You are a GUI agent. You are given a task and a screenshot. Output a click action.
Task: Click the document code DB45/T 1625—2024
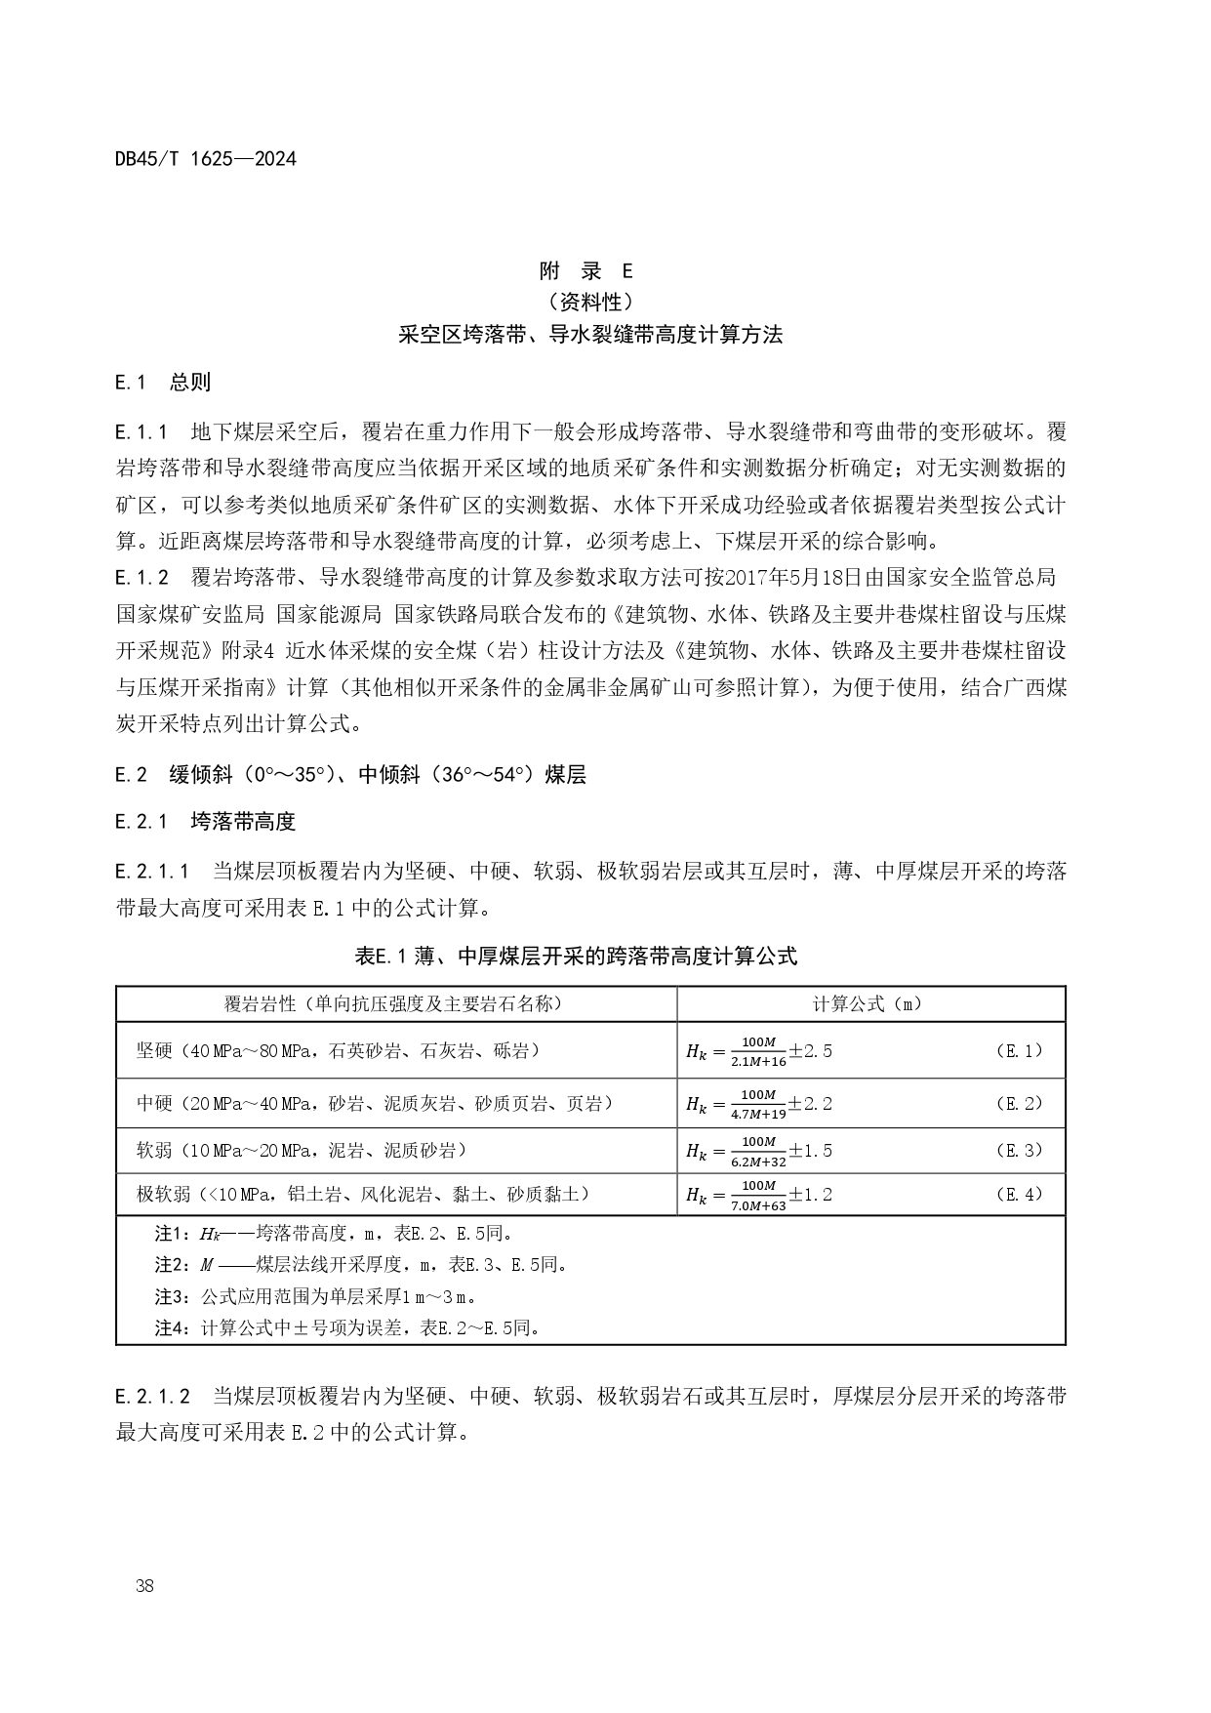click(205, 158)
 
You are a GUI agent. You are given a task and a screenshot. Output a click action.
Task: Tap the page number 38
click(145, 1585)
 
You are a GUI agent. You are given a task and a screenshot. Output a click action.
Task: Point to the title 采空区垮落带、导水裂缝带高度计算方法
click(590, 334)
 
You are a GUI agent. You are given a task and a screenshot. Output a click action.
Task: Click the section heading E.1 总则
click(162, 382)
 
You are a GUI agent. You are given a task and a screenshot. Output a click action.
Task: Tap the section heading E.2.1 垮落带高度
click(205, 821)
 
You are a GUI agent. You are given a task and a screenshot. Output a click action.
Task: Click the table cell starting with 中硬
click(376, 1103)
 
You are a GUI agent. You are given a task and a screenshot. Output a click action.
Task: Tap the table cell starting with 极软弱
click(363, 1193)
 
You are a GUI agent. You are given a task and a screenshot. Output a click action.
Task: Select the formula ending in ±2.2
click(759, 1104)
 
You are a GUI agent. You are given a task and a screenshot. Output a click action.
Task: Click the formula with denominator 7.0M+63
click(759, 1195)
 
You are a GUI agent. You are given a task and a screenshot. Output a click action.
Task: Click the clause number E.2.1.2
click(152, 1395)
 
